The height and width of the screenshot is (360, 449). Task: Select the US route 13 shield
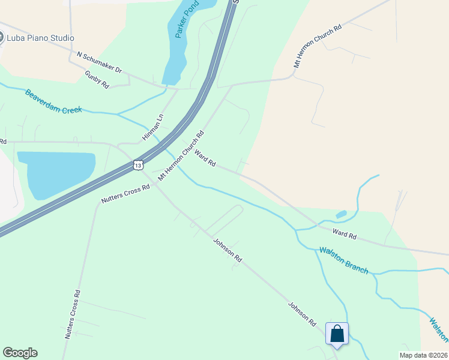click(x=139, y=164)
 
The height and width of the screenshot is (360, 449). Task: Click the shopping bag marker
click(x=337, y=334)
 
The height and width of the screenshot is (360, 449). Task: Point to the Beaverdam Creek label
click(x=53, y=101)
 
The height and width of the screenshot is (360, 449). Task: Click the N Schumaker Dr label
click(x=99, y=62)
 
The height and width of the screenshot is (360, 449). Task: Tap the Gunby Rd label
click(x=97, y=80)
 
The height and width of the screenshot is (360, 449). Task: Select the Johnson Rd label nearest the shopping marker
click(x=302, y=313)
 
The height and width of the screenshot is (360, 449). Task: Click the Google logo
click(x=20, y=353)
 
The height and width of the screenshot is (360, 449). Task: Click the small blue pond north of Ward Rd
click(x=341, y=214)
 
